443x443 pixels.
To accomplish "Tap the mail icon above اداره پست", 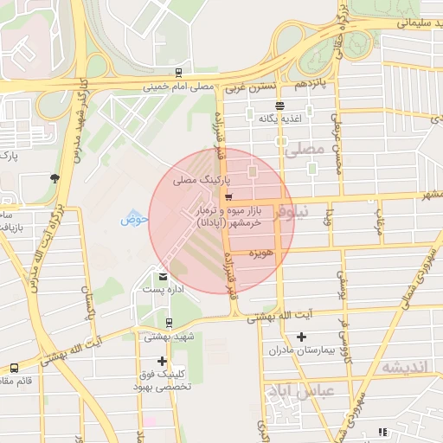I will [x=163, y=277].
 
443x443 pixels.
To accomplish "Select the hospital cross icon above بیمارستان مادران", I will [x=301, y=337].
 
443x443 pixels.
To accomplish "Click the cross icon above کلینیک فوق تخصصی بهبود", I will [x=162, y=361].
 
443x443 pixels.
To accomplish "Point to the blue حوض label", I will [x=135, y=219].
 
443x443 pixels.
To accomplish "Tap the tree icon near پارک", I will [x=55, y=178].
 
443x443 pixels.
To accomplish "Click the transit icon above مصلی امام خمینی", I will [x=177, y=73].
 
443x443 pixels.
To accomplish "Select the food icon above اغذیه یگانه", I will [x=279, y=105].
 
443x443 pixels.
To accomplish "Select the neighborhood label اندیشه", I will [x=405, y=368].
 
